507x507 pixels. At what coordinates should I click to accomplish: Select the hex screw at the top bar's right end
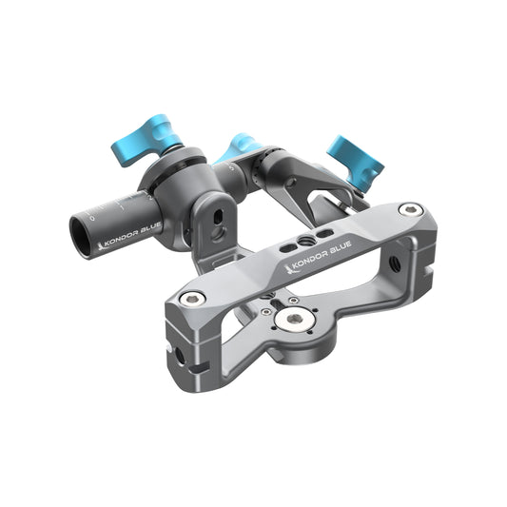409,210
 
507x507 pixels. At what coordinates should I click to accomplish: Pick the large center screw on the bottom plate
296,320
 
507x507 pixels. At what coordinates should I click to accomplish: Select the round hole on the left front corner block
180,358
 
